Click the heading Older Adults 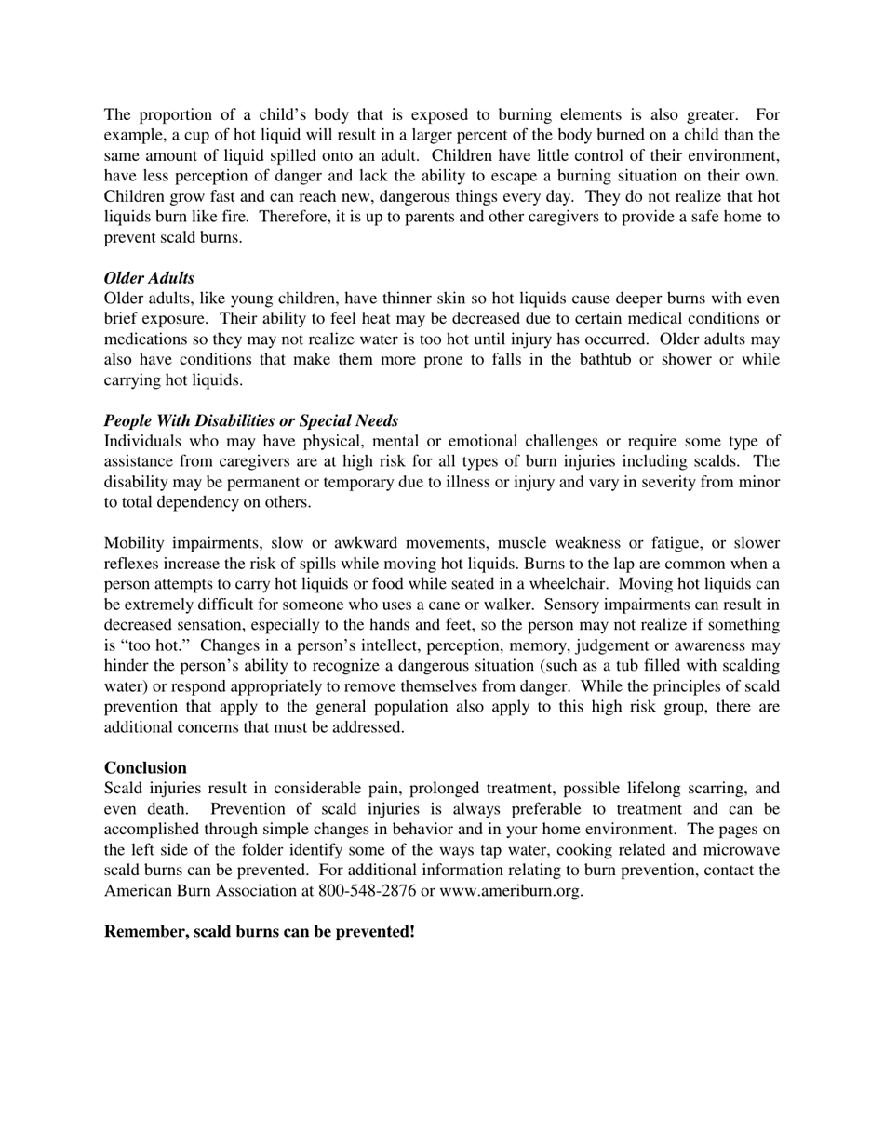click(x=149, y=278)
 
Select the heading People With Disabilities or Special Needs click(x=251, y=420)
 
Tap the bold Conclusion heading click(x=145, y=767)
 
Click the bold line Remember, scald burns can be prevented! click(x=260, y=931)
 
